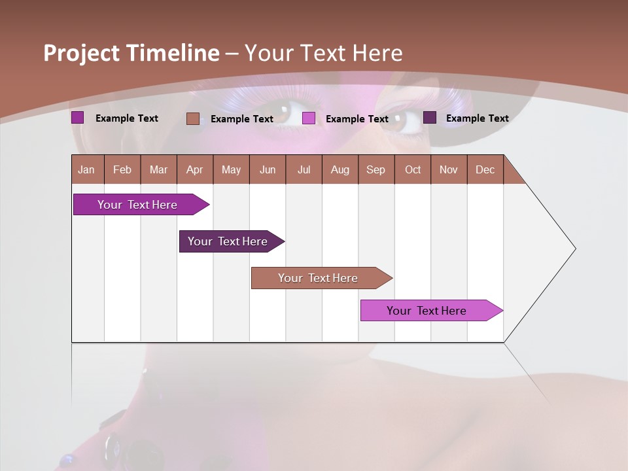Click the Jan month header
click(86, 169)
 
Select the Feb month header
click(122, 169)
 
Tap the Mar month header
click(158, 169)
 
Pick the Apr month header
click(195, 169)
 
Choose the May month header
click(231, 169)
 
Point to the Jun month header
click(268, 169)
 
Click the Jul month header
click(304, 169)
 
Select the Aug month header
click(340, 169)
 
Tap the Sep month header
click(376, 169)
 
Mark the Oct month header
click(413, 169)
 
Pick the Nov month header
click(449, 169)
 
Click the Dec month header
click(485, 169)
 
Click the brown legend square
click(192, 118)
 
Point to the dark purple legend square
click(430, 118)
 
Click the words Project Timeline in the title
click(131, 53)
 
